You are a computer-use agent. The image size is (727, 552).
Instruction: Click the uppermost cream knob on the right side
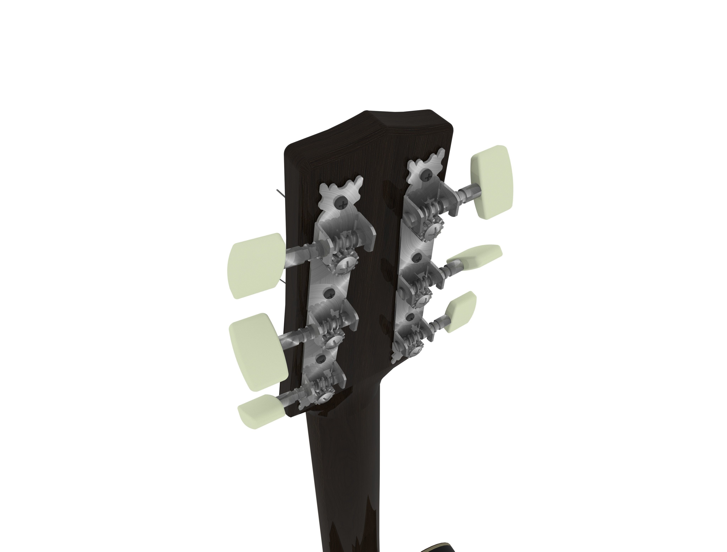click(x=492, y=177)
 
